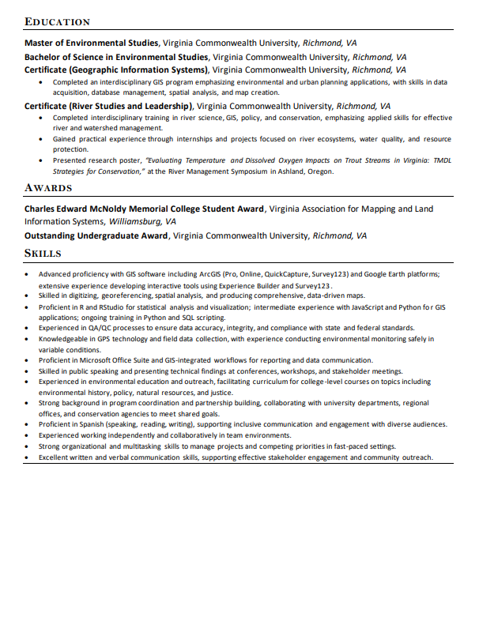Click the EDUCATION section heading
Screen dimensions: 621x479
[57, 22]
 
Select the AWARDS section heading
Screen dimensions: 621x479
[48, 188]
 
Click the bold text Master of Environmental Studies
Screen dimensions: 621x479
[92, 43]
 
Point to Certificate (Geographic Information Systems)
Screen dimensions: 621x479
[117, 70]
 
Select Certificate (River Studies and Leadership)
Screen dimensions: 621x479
[108, 106]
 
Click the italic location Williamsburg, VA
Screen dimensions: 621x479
[141, 221]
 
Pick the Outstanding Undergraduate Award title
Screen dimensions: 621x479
[96, 235]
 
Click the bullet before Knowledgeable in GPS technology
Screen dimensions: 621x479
[26, 339]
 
